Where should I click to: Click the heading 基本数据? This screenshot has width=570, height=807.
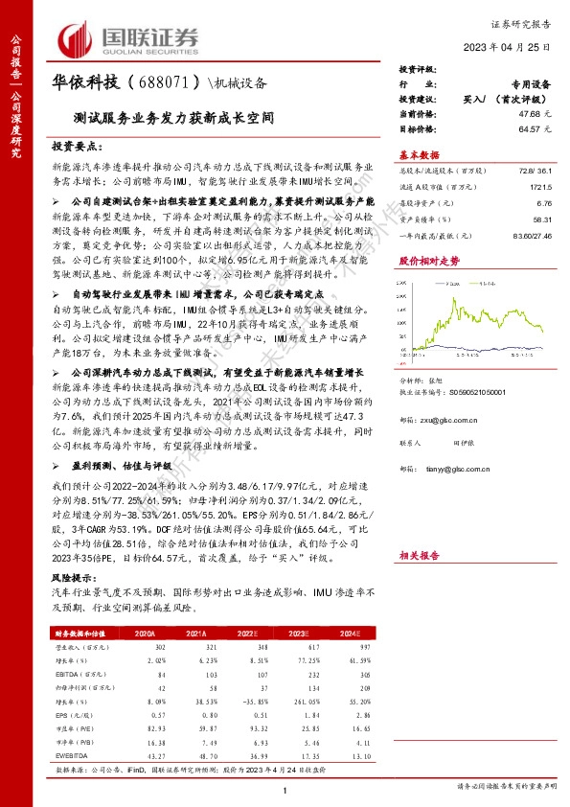click(420, 154)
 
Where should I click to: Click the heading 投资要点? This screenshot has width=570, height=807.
click(77, 147)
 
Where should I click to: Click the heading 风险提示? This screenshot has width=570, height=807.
click(74, 579)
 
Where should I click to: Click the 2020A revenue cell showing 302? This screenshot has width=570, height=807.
click(160, 648)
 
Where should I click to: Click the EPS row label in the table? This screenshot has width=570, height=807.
click(62, 714)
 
